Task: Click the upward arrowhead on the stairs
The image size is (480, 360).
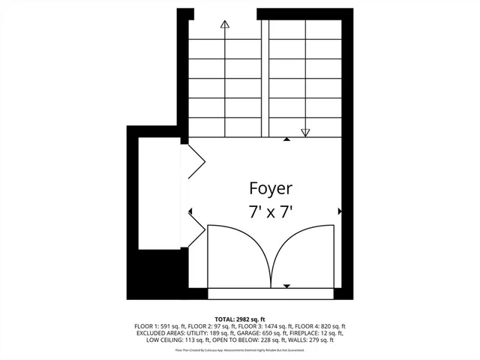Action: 224,24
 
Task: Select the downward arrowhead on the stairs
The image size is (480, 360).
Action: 305,133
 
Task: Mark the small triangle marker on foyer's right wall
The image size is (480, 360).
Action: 340,212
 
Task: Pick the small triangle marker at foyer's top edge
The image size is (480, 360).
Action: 286,139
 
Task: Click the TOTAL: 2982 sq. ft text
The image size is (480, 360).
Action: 240,319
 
